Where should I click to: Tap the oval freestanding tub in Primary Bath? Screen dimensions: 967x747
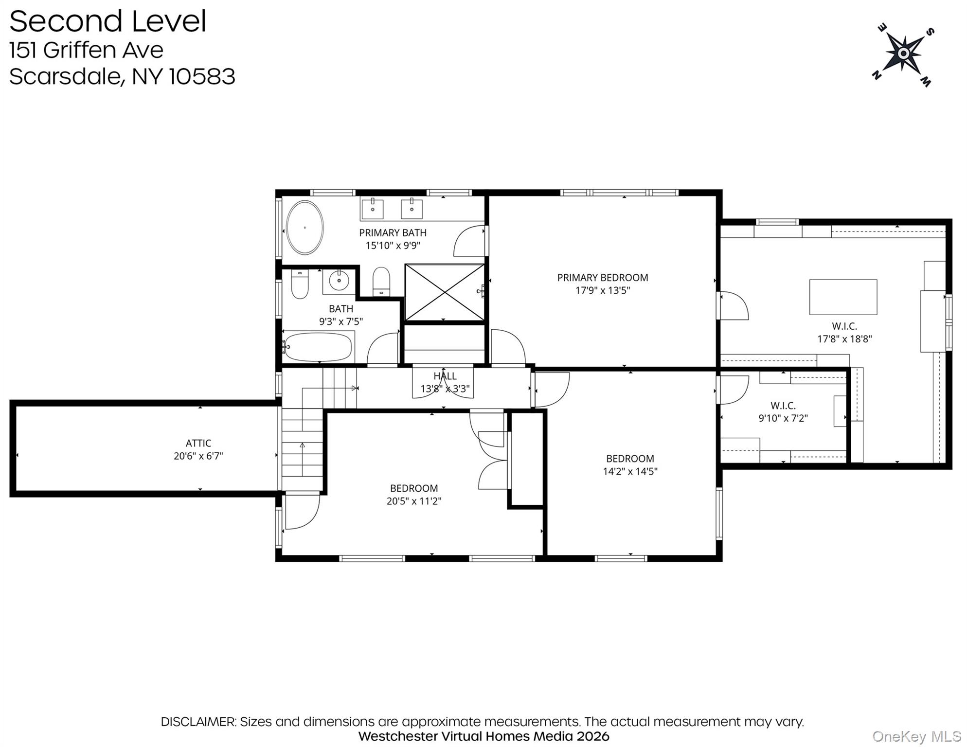coord(305,228)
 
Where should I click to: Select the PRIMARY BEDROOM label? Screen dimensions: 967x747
coord(603,278)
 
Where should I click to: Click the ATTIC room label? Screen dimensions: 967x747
coord(198,443)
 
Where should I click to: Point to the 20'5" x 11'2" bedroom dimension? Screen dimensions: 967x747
coord(414,501)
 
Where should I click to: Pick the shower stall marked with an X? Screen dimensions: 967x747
coord(445,293)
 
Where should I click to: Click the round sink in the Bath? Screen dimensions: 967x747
coord(339,281)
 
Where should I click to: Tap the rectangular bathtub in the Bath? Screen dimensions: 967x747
coord(318,347)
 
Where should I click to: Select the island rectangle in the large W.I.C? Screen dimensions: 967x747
coord(843,297)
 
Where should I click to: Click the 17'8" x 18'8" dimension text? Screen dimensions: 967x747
coord(844,339)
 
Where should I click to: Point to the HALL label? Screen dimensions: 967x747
coord(445,376)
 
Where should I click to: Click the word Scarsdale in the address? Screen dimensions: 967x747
coord(65,77)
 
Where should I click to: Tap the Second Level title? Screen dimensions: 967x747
coord(108,21)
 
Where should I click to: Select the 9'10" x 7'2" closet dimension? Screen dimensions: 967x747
coord(783,418)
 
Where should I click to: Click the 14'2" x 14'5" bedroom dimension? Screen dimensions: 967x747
coord(630,471)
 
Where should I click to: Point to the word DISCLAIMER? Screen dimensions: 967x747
coord(198,722)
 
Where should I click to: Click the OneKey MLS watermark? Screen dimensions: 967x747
coord(916,737)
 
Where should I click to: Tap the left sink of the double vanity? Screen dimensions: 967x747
coord(372,208)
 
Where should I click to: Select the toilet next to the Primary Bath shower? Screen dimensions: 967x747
coord(381,281)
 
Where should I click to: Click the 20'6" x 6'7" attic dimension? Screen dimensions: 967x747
coord(198,456)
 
